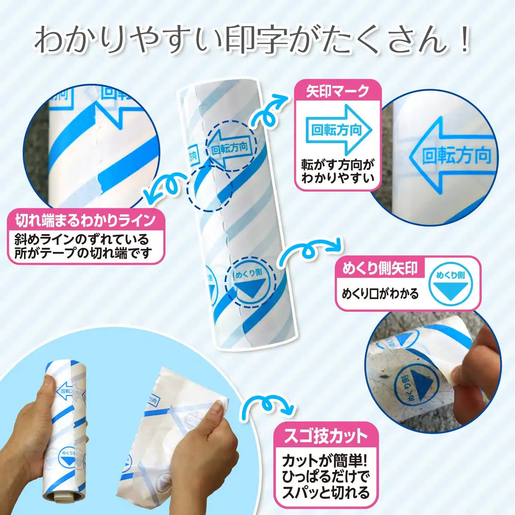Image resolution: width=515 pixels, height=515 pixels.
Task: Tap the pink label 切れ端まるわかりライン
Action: (86, 221)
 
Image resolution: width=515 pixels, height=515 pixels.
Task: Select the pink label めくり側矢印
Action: (380, 269)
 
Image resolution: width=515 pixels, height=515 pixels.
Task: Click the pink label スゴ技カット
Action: (326, 436)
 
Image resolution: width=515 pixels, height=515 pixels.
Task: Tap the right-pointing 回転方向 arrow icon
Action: (337, 130)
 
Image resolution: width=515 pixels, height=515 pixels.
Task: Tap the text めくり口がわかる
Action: (380, 294)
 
